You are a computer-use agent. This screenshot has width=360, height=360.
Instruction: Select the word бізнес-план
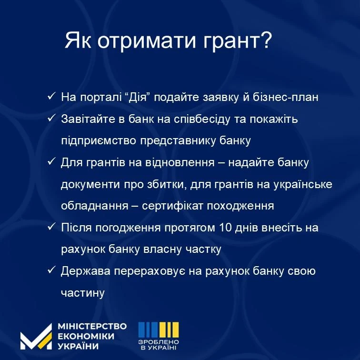pos(286,97)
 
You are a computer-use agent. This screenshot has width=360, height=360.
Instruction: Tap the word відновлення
pos(180,162)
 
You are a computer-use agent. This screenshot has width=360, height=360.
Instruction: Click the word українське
pos(302,184)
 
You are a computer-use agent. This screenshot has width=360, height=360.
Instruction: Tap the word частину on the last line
pos(83,293)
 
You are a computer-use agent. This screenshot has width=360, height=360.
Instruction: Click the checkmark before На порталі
pos(51,96)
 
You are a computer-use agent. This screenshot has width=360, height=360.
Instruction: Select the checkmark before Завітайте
pos(51,118)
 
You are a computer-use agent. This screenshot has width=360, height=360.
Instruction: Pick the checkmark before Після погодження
pos(51,227)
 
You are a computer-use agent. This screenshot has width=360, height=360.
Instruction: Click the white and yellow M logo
pos(36,337)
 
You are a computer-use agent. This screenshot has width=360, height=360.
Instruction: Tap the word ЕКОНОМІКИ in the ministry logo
pos(86,336)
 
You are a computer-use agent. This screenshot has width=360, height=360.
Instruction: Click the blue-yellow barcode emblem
pos(159,330)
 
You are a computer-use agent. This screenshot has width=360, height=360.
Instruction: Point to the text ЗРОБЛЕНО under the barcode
pos(159,342)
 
